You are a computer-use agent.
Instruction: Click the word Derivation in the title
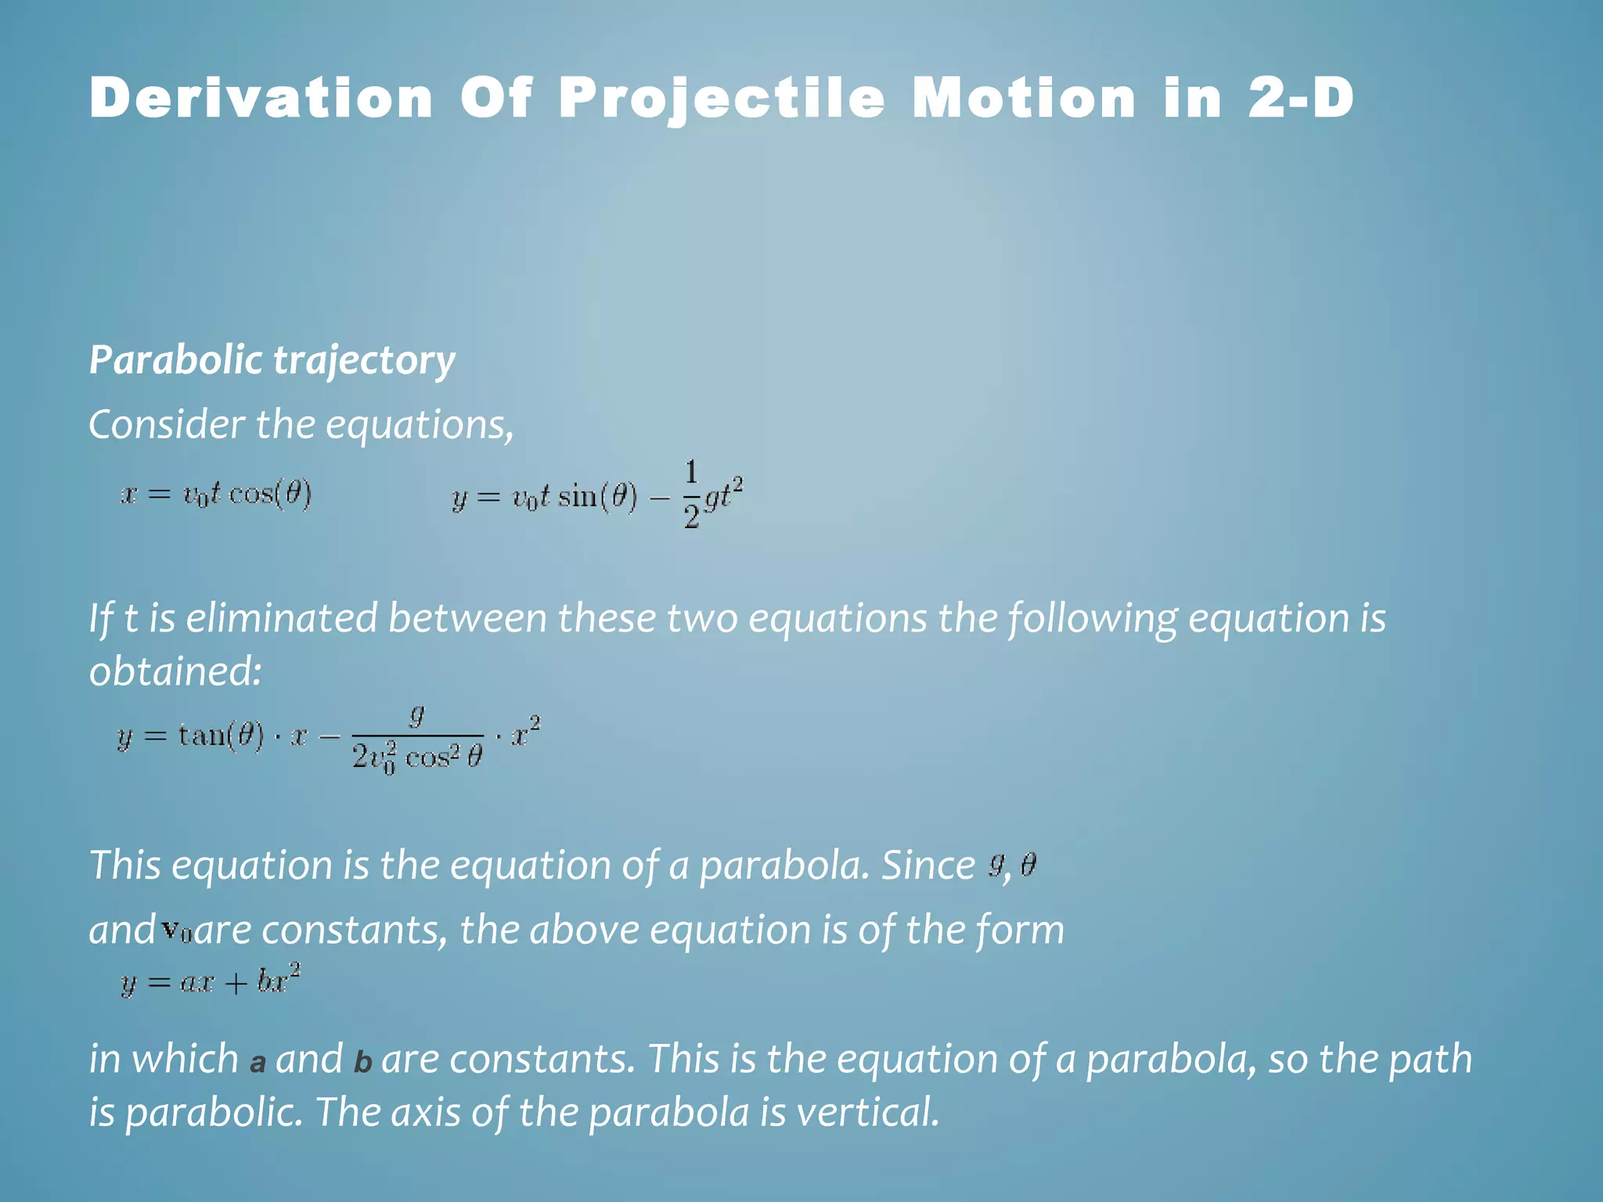coord(261,99)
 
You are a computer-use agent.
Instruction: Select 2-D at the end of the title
coord(1300,99)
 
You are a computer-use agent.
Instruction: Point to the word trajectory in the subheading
coord(364,362)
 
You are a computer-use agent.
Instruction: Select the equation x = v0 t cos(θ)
coord(216,495)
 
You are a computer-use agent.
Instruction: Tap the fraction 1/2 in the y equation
coord(690,495)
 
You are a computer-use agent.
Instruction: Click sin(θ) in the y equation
coord(597,497)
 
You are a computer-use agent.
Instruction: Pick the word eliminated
coord(282,618)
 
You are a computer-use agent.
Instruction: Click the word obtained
coord(175,671)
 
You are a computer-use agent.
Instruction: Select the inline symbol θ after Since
coord(1028,865)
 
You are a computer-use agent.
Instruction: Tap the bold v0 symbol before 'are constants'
coord(176,930)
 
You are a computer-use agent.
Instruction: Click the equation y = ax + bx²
coord(211,981)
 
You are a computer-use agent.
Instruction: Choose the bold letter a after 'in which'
coord(258,1063)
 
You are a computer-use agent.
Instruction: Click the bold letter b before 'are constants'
coord(362,1062)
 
